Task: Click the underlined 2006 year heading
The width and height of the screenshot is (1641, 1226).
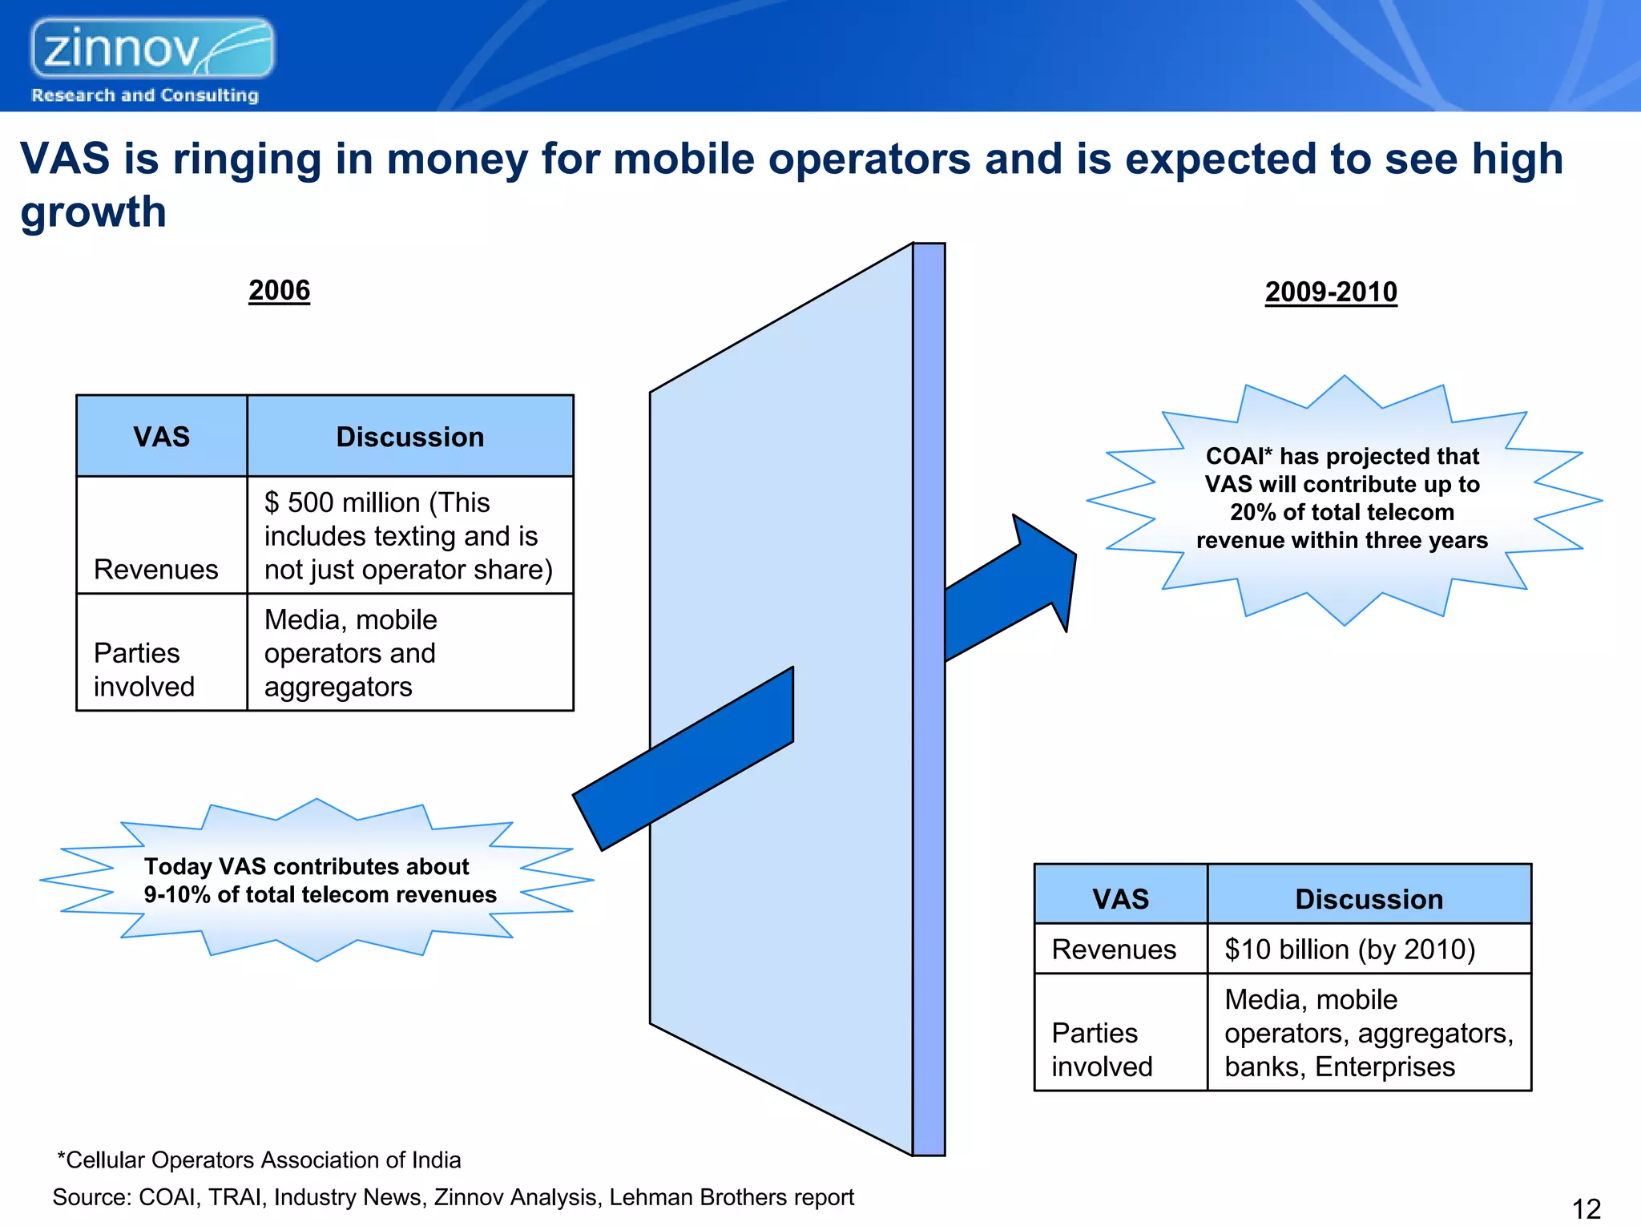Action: [279, 290]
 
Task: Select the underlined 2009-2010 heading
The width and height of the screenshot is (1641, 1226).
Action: [1330, 292]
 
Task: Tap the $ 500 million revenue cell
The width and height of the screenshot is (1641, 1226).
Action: [409, 535]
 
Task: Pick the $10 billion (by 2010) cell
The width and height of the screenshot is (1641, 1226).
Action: [1368, 949]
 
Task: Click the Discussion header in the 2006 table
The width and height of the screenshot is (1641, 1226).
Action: [409, 437]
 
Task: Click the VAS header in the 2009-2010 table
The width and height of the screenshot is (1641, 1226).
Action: [1120, 898]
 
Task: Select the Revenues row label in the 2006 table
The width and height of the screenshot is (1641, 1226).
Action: [156, 569]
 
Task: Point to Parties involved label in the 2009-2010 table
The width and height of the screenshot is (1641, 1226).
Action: [1102, 1050]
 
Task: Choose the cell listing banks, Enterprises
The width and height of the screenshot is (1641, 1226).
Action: [1368, 1034]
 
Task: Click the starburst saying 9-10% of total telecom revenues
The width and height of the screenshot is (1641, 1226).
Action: [319, 881]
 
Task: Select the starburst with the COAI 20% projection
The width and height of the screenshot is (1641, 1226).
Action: [1342, 498]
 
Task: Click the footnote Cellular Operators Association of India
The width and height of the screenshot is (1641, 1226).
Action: [259, 1159]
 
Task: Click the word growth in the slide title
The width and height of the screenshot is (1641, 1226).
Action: [93, 212]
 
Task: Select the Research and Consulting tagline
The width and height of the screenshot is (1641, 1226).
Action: [145, 95]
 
